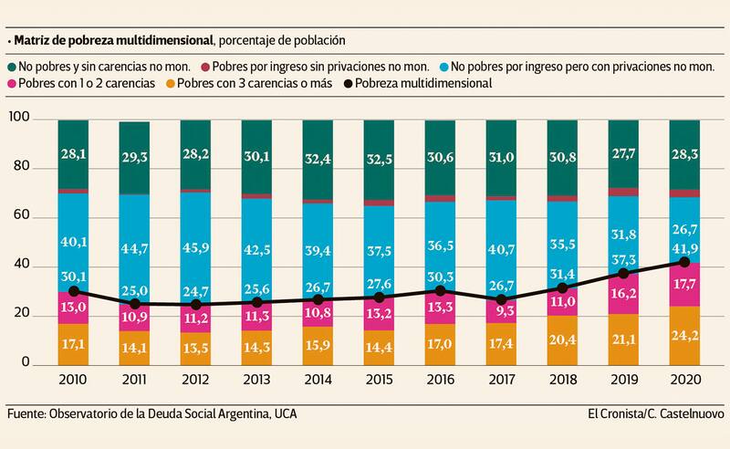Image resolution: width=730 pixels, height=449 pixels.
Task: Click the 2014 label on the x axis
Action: tap(317, 381)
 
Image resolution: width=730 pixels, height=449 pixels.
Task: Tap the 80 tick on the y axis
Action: tap(19, 169)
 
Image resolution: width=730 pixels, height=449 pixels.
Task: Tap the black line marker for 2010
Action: tap(73, 291)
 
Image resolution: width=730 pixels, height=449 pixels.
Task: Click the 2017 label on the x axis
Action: tap(501, 381)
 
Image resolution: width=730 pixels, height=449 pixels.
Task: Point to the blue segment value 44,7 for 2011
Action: tap(133, 241)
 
